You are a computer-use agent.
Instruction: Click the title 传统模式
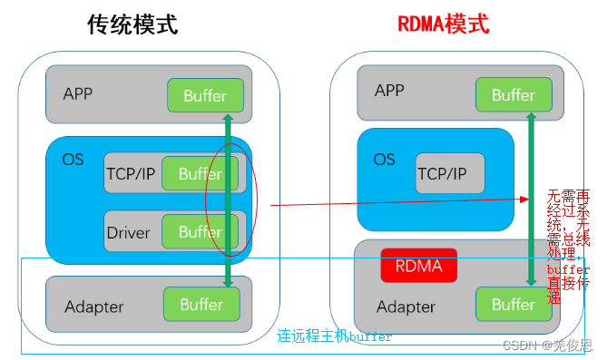pyautogui.click(x=132, y=24)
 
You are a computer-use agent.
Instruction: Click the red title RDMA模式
pyautogui.click(x=443, y=24)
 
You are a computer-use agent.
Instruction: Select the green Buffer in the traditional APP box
pyautogui.click(x=205, y=95)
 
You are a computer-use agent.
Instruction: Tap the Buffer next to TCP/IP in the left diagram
pyautogui.click(x=200, y=174)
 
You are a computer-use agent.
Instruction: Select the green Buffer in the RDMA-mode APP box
pyautogui.click(x=513, y=95)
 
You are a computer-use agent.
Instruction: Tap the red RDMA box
pyautogui.click(x=418, y=267)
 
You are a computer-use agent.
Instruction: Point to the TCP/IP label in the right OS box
pyautogui.click(x=443, y=173)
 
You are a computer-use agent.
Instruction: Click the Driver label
pyautogui.click(x=128, y=232)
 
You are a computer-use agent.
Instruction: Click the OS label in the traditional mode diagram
pyautogui.click(x=73, y=160)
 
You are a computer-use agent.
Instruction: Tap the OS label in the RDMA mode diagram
pyautogui.click(x=384, y=159)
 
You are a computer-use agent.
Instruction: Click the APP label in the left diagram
pyautogui.click(x=78, y=94)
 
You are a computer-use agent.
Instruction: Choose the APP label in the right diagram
pyautogui.click(x=389, y=91)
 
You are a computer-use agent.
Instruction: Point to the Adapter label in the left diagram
pyautogui.click(x=93, y=306)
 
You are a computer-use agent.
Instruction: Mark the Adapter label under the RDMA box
pyautogui.click(x=406, y=306)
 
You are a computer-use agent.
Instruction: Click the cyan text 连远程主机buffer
pyautogui.click(x=334, y=336)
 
